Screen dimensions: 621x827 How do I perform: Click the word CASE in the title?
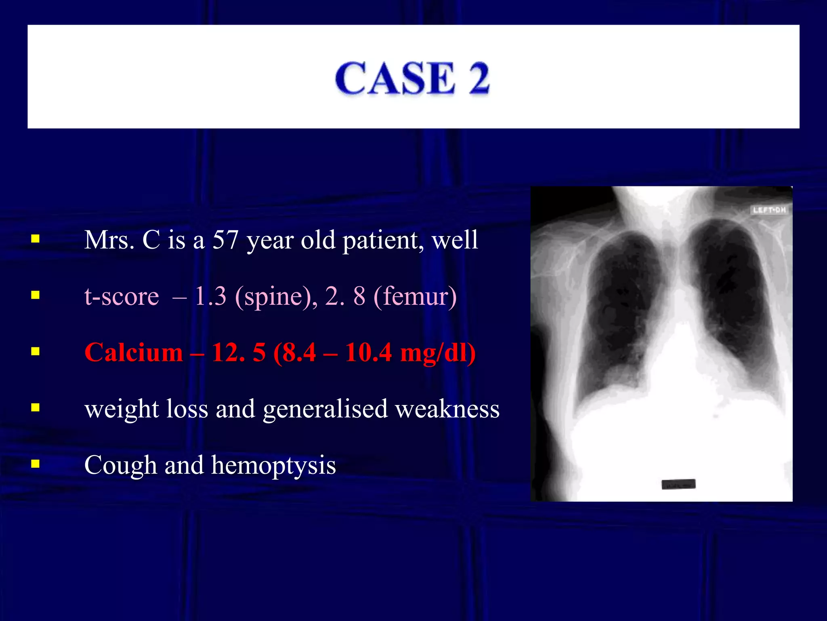(395, 78)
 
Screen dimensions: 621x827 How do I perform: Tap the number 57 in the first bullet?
(225, 240)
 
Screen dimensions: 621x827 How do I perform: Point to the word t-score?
(122, 296)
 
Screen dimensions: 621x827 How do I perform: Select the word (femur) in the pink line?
(415, 296)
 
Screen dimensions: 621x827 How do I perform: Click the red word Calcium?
(134, 352)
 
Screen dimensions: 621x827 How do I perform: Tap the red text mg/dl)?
(438, 352)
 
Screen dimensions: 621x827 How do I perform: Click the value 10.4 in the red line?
(368, 352)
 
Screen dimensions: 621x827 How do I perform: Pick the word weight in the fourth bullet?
(122, 409)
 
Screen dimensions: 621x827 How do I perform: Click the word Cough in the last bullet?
(120, 465)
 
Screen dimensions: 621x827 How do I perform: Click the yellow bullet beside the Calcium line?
(36, 351)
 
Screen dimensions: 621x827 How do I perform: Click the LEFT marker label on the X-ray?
(769, 210)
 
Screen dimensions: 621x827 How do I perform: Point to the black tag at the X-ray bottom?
(678, 484)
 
